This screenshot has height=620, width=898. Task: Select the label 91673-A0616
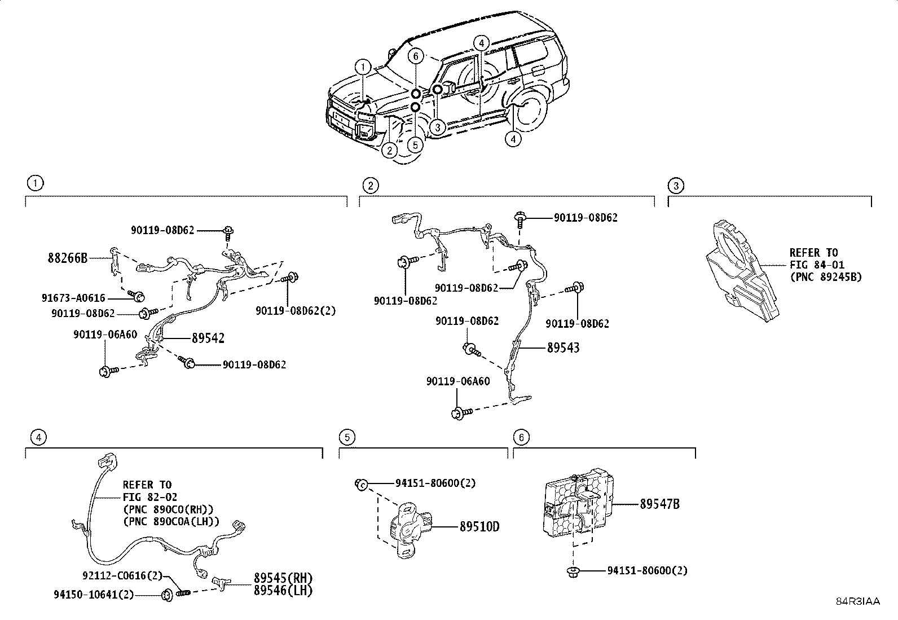(73, 298)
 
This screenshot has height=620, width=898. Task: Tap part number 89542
(208, 338)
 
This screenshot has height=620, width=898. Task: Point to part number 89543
(563, 348)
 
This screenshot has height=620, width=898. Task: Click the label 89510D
(479, 527)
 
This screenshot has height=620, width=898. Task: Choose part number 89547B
(659, 504)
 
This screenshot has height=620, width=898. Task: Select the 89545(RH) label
(283, 578)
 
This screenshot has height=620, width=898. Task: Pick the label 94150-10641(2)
(94, 595)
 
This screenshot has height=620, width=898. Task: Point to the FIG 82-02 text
(149, 497)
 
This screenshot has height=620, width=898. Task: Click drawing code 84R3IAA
(857, 601)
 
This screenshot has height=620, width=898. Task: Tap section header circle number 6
(521, 437)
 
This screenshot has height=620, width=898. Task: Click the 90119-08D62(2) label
(296, 311)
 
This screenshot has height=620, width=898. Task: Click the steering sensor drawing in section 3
(742, 274)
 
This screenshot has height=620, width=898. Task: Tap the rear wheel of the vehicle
(529, 111)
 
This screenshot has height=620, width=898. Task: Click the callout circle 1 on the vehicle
(363, 67)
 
